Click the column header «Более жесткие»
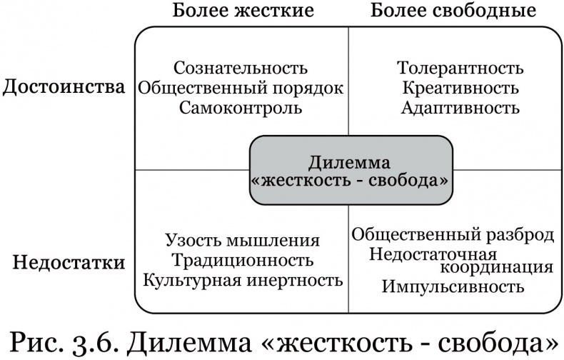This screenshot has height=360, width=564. point(243,11)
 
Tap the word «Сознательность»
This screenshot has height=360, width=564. point(241,69)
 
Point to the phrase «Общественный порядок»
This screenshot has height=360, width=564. point(241,88)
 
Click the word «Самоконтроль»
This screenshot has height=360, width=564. point(241,108)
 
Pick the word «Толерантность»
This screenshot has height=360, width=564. point(460,69)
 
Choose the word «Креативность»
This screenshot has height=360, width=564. point(460,89)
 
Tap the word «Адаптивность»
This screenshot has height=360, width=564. point(460,109)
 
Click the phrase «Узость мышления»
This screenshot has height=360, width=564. point(242,241)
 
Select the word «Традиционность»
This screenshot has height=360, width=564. point(242,260)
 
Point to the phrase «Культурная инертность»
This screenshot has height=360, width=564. point(242,279)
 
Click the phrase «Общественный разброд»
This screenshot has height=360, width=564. point(453,235)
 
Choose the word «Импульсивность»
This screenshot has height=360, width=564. point(453,287)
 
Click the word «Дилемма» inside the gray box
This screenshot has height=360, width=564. point(350,161)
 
